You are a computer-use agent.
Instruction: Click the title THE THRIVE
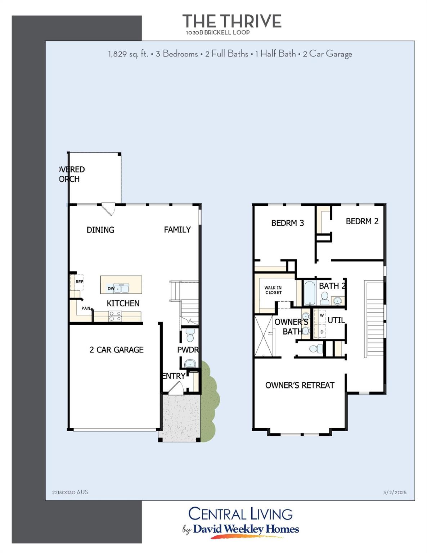(232, 21)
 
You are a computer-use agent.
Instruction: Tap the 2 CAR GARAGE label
(116, 350)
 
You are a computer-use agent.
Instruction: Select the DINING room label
(100, 230)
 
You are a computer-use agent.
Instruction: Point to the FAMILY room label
(177, 229)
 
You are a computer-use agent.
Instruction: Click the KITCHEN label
(123, 303)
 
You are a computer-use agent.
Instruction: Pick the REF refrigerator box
(79, 282)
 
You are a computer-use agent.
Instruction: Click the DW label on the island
(111, 288)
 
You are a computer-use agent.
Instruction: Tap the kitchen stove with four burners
(115, 316)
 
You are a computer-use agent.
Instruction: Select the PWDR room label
(188, 350)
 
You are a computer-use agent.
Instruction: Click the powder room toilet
(190, 335)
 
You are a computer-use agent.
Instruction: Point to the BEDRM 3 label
(287, 223)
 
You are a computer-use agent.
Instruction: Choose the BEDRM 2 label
(362, 221)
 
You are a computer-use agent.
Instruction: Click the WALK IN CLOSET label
(273, 290)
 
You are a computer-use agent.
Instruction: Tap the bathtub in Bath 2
(310, 293)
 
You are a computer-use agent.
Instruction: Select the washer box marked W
(322, 315)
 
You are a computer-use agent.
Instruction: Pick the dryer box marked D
(322, 332)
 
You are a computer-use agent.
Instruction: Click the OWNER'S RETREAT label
(300, 385)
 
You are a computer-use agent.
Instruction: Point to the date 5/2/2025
(395, 492)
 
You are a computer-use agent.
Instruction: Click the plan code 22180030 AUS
(70, 492)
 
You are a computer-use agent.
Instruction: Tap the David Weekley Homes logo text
(246, 529)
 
